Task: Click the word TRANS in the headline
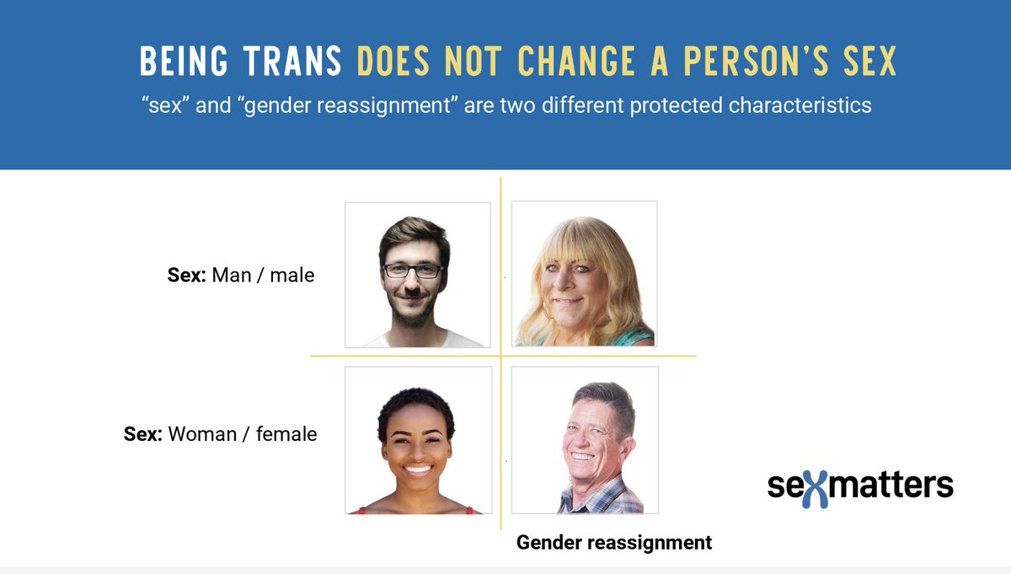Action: [x=298, y=61]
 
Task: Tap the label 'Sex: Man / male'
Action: [x=241, y=275]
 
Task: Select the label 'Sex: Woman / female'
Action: [x=220, y=435]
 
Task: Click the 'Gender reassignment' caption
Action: [x=614, y=543]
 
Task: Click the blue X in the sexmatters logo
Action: [x=820, y=486]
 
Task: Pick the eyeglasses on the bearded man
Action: [x=412, y=271]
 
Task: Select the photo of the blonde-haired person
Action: [x=584, y=274]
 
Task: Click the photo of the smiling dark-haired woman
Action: [x=418, y=440]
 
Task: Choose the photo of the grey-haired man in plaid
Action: [x=585, y=440]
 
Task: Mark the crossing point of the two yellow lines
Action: [x=501, y=357]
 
